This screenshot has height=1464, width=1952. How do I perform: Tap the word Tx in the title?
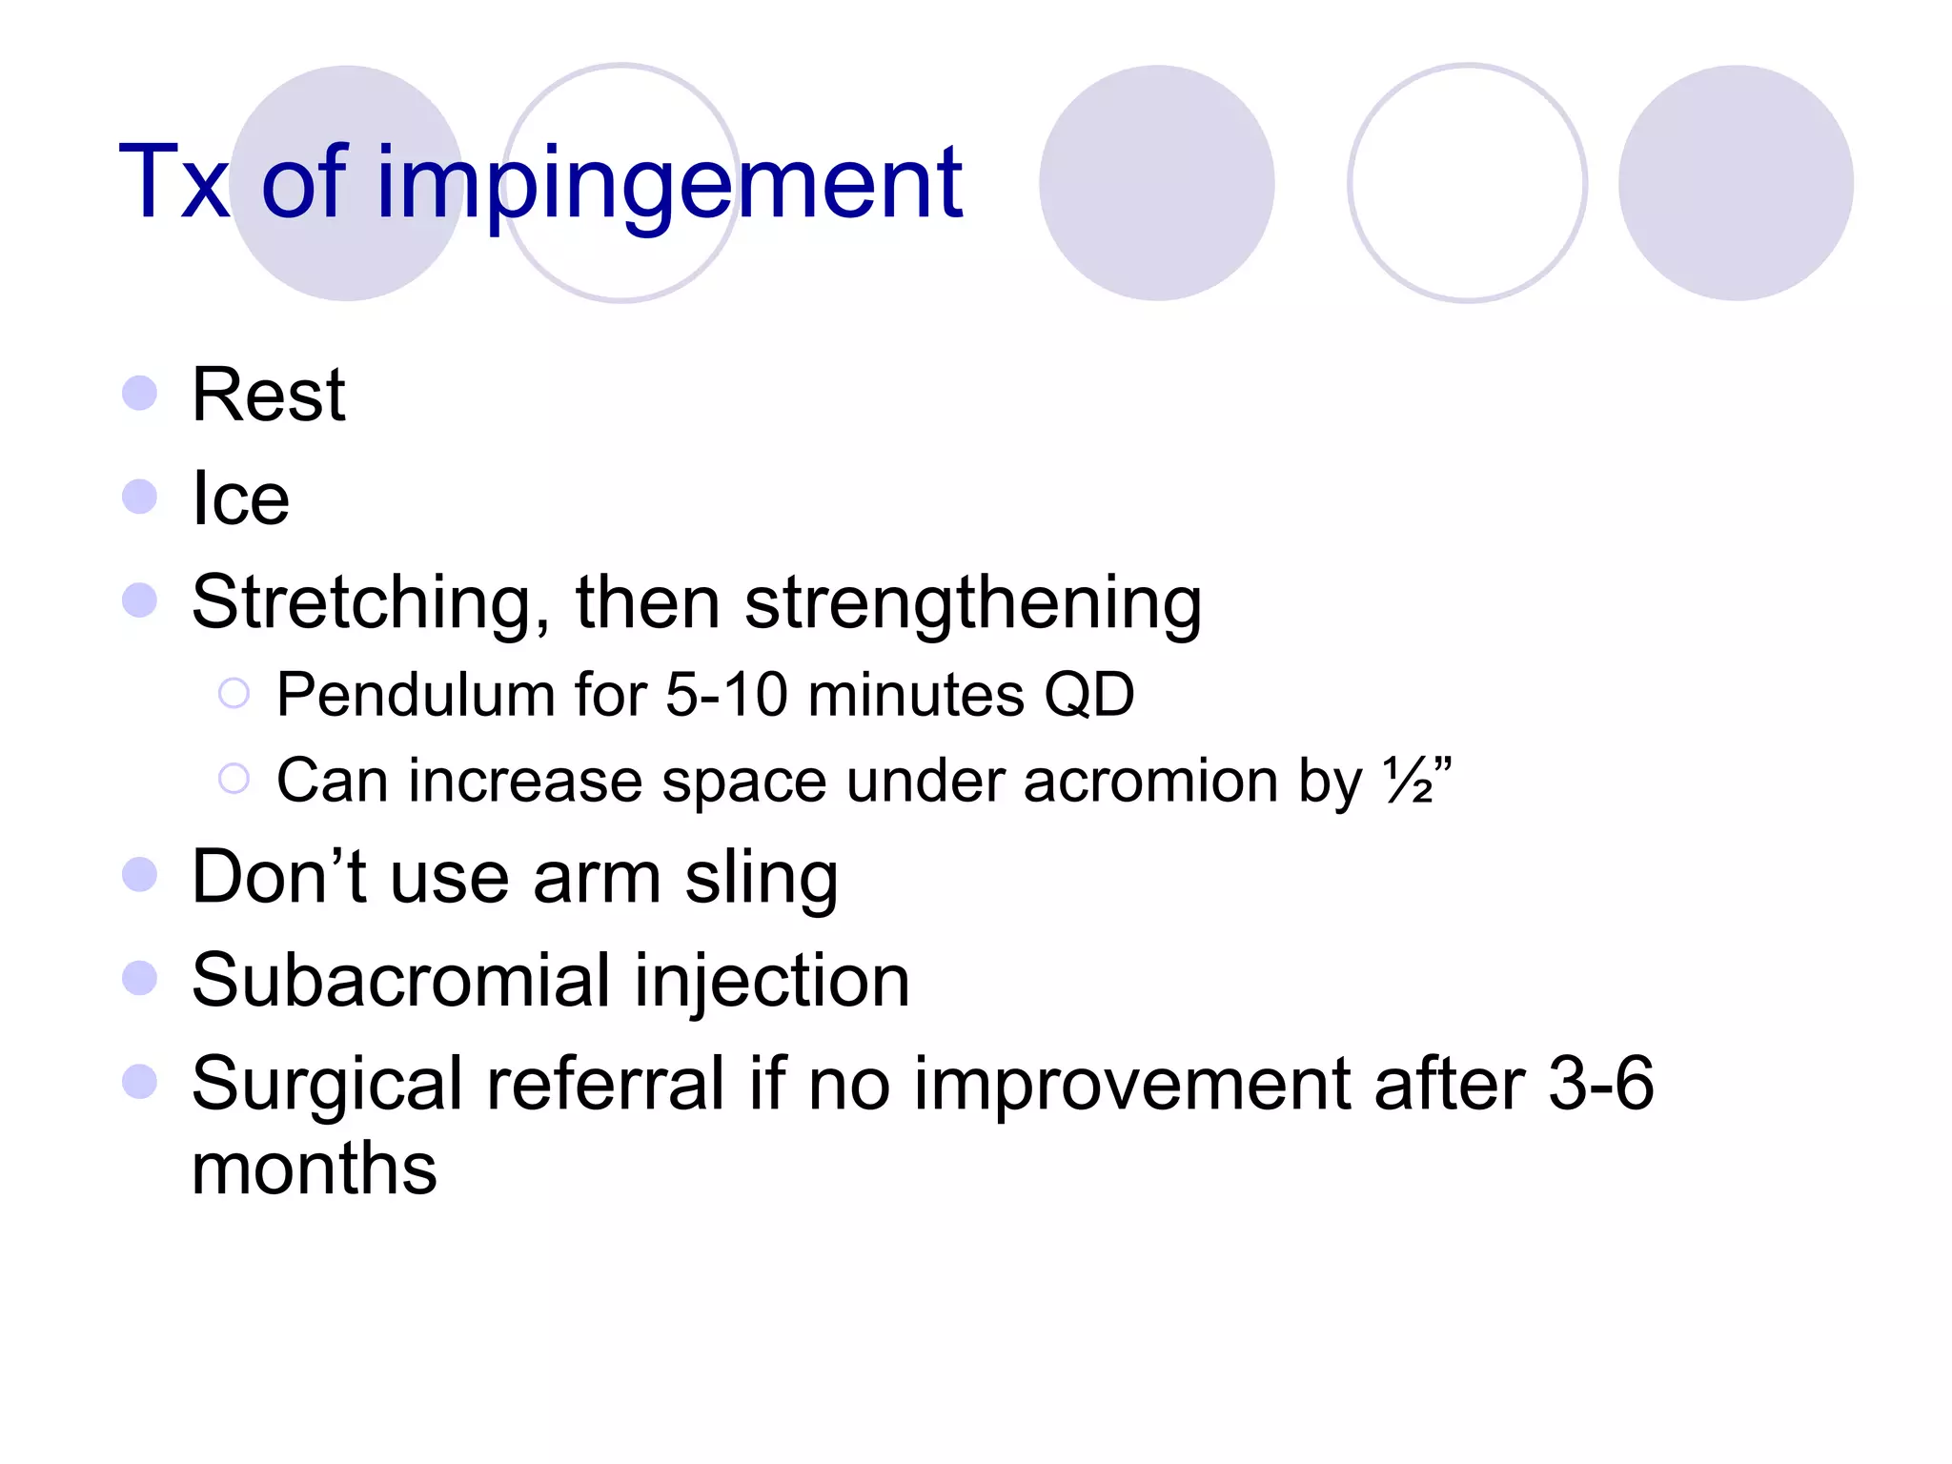tap(173, 183)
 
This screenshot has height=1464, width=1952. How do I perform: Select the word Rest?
tap(268, 396)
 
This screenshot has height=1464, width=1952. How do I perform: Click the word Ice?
tap(240, 498)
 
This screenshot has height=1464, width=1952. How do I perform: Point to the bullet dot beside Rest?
tap(140, 393)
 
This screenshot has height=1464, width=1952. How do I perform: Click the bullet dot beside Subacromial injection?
tap(140, 978)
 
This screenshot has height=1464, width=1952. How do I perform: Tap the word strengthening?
tap(972, 603)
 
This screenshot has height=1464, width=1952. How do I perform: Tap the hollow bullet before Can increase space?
tap(234, 779)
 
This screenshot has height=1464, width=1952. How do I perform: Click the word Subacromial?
tap(400, 981)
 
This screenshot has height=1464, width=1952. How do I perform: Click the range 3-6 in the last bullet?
tap(1600, 1084)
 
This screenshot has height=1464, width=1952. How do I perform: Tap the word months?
tap(314, 1169)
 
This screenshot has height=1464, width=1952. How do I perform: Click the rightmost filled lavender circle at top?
tap(1735, 183)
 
